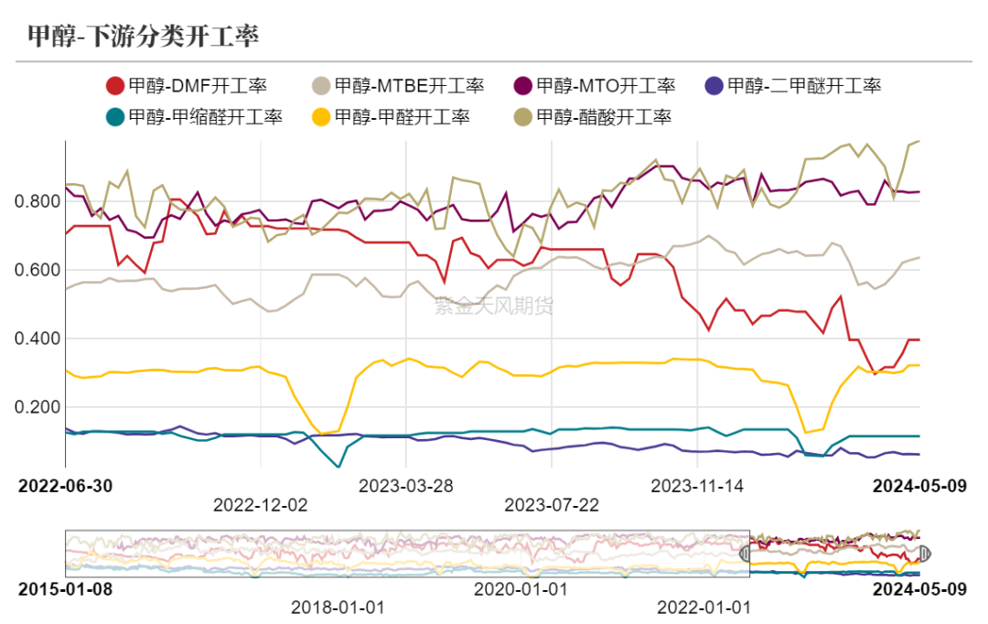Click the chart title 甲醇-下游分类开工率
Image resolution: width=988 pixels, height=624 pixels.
[x=144, y=36]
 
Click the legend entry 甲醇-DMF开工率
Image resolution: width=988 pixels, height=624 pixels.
[x=187, y=87]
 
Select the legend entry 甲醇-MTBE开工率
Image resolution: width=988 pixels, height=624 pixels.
[x=397, y=87]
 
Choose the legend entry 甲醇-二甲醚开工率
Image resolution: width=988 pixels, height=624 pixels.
[x=793, y=87]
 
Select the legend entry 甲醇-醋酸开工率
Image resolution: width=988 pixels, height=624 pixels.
[x=593, y=117]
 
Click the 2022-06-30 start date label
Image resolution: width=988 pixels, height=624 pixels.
[x=65, y=486]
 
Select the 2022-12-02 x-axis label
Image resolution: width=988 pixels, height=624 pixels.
[x=261, y=504]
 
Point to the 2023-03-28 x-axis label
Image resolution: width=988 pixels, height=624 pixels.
[x=406, y=486]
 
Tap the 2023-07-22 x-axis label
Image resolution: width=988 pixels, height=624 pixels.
[x=552, y=504]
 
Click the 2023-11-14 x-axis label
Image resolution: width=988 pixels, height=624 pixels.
[x=697, y=486]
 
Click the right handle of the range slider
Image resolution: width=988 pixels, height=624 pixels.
[x=923, y=554]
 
